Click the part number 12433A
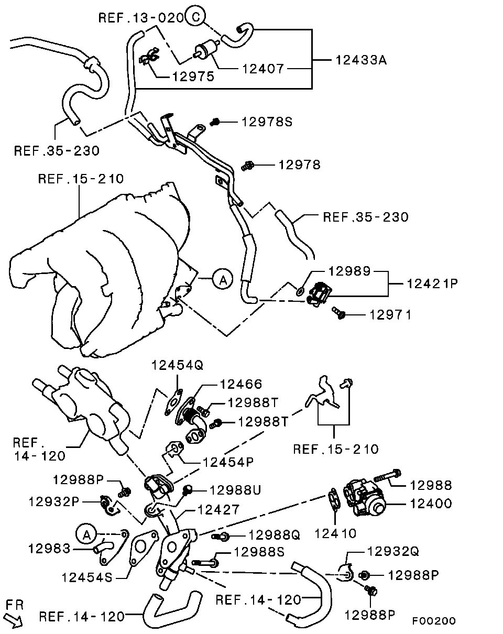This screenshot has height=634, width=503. [361, 60]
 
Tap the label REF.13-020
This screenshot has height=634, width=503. [141, 18]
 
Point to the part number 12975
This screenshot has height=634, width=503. [193, 76]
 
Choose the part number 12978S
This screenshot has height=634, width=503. [267, 122]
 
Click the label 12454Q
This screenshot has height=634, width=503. [177, 365]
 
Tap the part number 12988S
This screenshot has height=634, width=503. [258, 551]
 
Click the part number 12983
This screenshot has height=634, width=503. [49, 549]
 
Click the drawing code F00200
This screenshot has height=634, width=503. [433, 621]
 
